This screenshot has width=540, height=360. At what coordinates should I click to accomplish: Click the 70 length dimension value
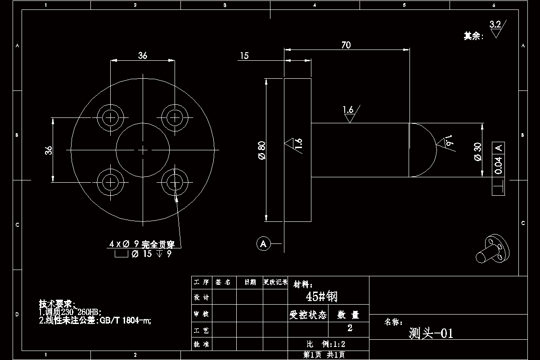click(x=346, y=45)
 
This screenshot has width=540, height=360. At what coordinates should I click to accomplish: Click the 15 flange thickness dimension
click(x=244, y=56)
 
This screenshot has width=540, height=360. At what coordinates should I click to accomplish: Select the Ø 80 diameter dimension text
click(x=261, y=150)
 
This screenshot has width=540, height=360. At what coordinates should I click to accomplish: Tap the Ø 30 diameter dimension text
click(x=478, y=151)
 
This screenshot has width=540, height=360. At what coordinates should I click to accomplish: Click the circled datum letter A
click(x=263, y=244)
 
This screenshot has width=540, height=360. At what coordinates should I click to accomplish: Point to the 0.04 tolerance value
click(x=498, y=165)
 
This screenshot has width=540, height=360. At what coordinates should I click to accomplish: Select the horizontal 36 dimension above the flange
click(x=143, y=56)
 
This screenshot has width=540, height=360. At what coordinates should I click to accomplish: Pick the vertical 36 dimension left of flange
click(x=49, y=150)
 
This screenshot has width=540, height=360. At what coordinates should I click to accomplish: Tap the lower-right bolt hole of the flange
click(x=175, y=182)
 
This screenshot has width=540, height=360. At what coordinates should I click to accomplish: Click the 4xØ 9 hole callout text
click(x=144, y=244)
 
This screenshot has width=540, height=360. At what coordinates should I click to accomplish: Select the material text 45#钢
click(x=321, y=297)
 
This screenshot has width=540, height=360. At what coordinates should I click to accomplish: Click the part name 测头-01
click(x=431, y=333)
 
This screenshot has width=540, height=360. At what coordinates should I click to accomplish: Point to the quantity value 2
click(x=350, y=328)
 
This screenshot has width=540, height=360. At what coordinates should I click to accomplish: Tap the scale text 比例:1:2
click(x=325, y=344)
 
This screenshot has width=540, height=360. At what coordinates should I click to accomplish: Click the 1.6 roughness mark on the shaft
click(x=348, y=110)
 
